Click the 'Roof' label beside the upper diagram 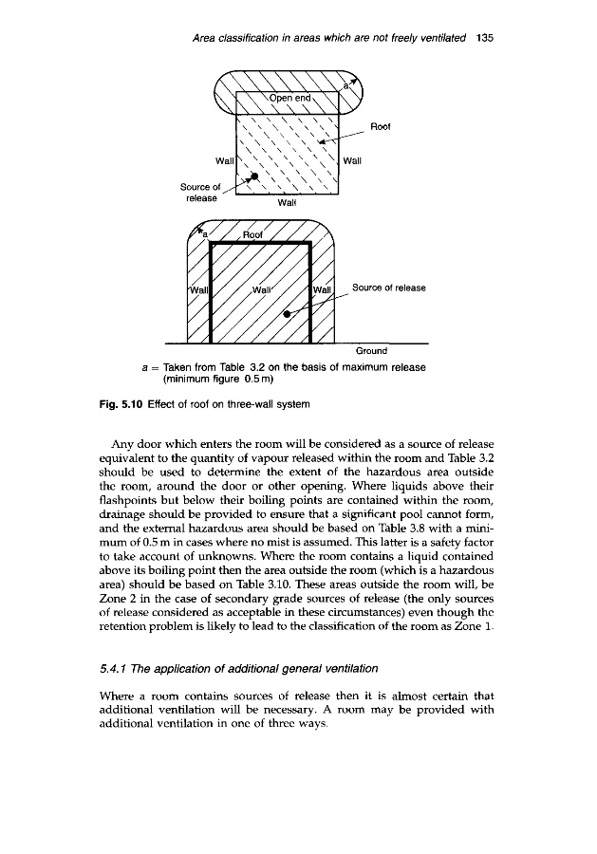tap(382, 124)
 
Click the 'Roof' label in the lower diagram tap(254, 236)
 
